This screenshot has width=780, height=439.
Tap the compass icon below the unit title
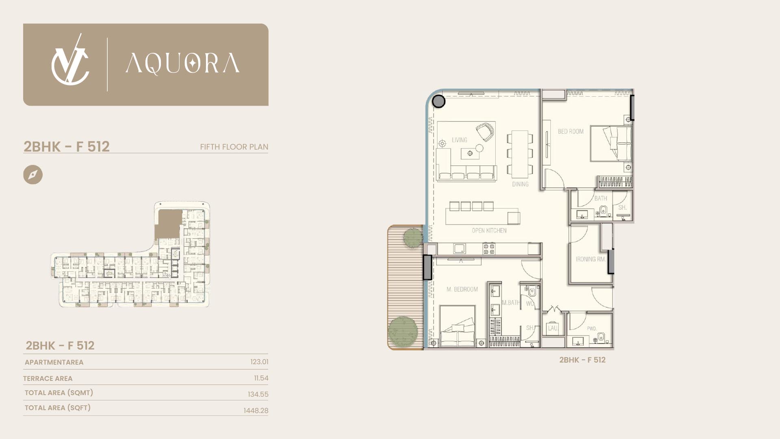click(x=33, y=175)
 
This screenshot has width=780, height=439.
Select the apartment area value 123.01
click(x=259, y=362)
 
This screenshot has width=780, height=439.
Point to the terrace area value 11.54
click(x=261, y=378)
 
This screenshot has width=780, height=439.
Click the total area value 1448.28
click(x=256, y=411)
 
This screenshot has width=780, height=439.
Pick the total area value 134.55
click(x=258, y=394)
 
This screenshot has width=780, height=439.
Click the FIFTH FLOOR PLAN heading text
click(x=234, y=147)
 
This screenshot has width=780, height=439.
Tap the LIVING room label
click(x=459, y=140)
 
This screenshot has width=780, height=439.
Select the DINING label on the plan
click(x=520, y=184)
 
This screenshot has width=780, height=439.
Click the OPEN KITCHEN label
click(x=489, y=230)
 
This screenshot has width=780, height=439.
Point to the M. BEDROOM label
click(x=462, y=289)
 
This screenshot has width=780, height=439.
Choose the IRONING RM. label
click(x=591, y=259)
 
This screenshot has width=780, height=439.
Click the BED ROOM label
click(x=571, y=131)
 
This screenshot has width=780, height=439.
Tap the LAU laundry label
click(x=552, y=328)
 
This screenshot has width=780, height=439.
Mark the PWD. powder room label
click(x=591, y=328)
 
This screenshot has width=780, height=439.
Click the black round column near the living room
click(x=438, y=101)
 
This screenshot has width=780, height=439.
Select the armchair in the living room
click(x=485, y=132)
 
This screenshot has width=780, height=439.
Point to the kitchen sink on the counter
click(x=460, y=249)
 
